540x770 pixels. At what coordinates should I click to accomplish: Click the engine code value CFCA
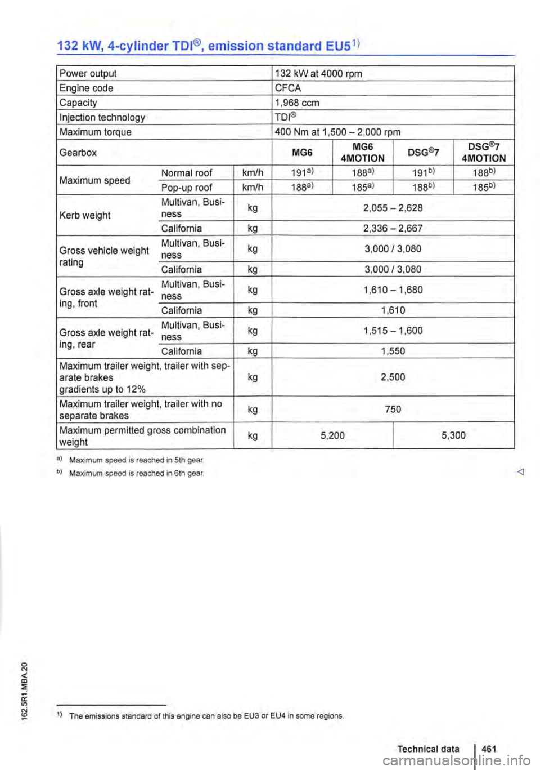click(288, 88)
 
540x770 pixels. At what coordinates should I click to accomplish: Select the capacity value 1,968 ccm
click(297, 103)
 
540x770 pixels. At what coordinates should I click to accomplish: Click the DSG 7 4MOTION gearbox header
click(483, 152)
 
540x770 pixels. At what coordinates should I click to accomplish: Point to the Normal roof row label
click(187, 173)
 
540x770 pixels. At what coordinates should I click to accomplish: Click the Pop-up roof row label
click(187, 188)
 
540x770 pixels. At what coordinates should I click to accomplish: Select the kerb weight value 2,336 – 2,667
click(393, 228)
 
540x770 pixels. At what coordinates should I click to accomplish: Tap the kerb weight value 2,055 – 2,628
click(393, 208)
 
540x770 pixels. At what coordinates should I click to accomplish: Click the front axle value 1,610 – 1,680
click(393, 290)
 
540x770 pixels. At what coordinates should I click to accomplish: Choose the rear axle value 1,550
click(393, 351)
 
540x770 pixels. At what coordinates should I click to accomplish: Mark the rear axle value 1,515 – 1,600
click(393, 331)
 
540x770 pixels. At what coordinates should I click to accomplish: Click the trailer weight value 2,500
click(393, 377)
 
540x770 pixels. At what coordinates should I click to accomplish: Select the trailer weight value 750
click(393, 409)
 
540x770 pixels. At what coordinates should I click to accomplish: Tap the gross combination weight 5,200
click(332, 435)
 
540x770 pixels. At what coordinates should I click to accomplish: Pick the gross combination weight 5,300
click(454, 435)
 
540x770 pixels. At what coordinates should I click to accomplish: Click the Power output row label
click(88, 73)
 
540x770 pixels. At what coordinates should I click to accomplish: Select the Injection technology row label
click(102, 117)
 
